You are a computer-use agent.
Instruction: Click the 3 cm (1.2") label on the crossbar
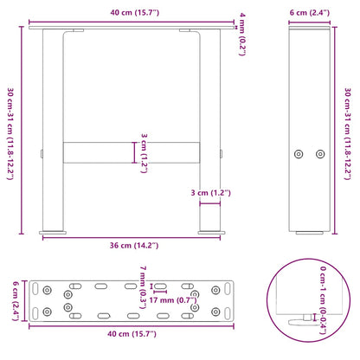pyautogui.click(x=147, y=151)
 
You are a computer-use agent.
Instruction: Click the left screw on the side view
pyautogui.click(x=299, y=153)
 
